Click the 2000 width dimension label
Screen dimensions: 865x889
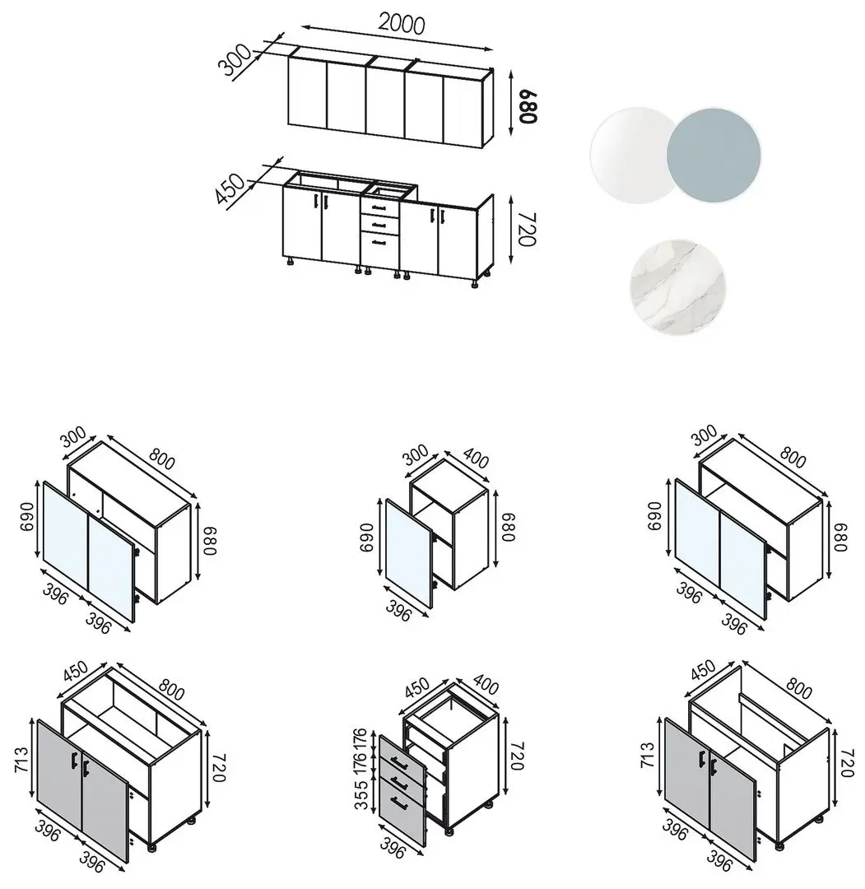tap(402, 24)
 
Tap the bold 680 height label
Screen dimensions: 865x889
tap(528, 106)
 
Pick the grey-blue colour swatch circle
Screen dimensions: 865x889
tap(714, 154)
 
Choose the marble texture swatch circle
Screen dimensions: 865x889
tap(677, 287)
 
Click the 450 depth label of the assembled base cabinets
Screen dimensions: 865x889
tap(230, 189)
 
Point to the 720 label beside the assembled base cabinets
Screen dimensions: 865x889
tap(528, 230)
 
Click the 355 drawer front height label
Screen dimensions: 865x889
tap(361, 794)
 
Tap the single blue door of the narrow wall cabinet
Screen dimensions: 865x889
tap(408, 553)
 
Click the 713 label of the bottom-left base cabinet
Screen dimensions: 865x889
tap(21, 761)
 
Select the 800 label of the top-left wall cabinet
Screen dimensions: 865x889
tap(162, 458)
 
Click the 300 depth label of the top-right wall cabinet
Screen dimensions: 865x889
tap(705, 435)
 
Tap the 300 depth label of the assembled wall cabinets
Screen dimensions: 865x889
tap(234, 59)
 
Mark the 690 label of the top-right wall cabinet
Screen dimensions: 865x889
tap(654, 515)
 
